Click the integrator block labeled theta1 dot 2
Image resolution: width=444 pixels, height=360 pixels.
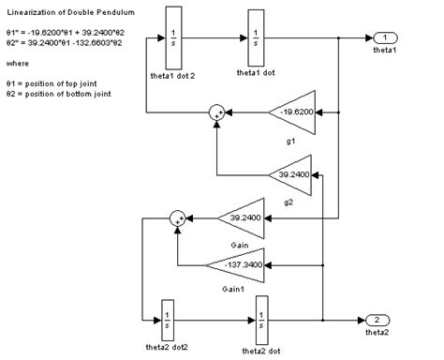tap(174, 38)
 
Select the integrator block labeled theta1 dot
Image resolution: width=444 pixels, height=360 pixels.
tap(256, 38)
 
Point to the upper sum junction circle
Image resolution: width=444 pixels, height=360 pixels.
tap(216, 113)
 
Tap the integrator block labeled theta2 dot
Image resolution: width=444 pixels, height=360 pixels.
tap(262, 320)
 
